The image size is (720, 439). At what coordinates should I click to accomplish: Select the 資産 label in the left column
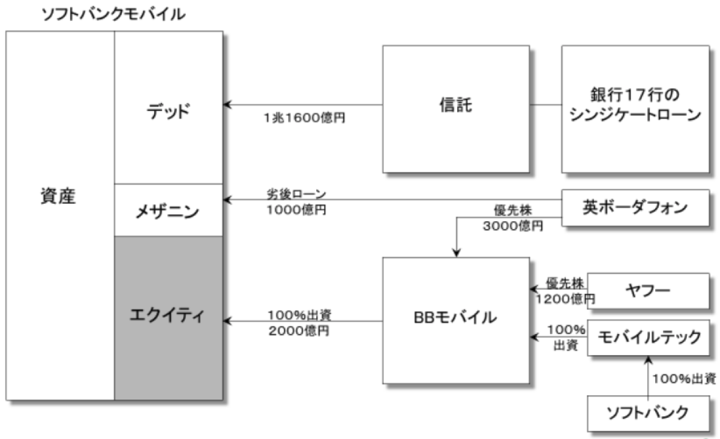pos(59,196)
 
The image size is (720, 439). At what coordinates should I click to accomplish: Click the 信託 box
pos(455,108)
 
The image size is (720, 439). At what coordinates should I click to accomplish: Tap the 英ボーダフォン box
pos(635,208)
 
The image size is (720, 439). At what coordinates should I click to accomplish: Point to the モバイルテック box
pos(648,338)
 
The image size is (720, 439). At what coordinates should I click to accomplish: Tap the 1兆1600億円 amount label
pos(304,118)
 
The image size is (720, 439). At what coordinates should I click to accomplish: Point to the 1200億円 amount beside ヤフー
pos(564,297)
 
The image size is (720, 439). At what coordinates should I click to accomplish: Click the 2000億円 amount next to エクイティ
pos(298,330)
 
